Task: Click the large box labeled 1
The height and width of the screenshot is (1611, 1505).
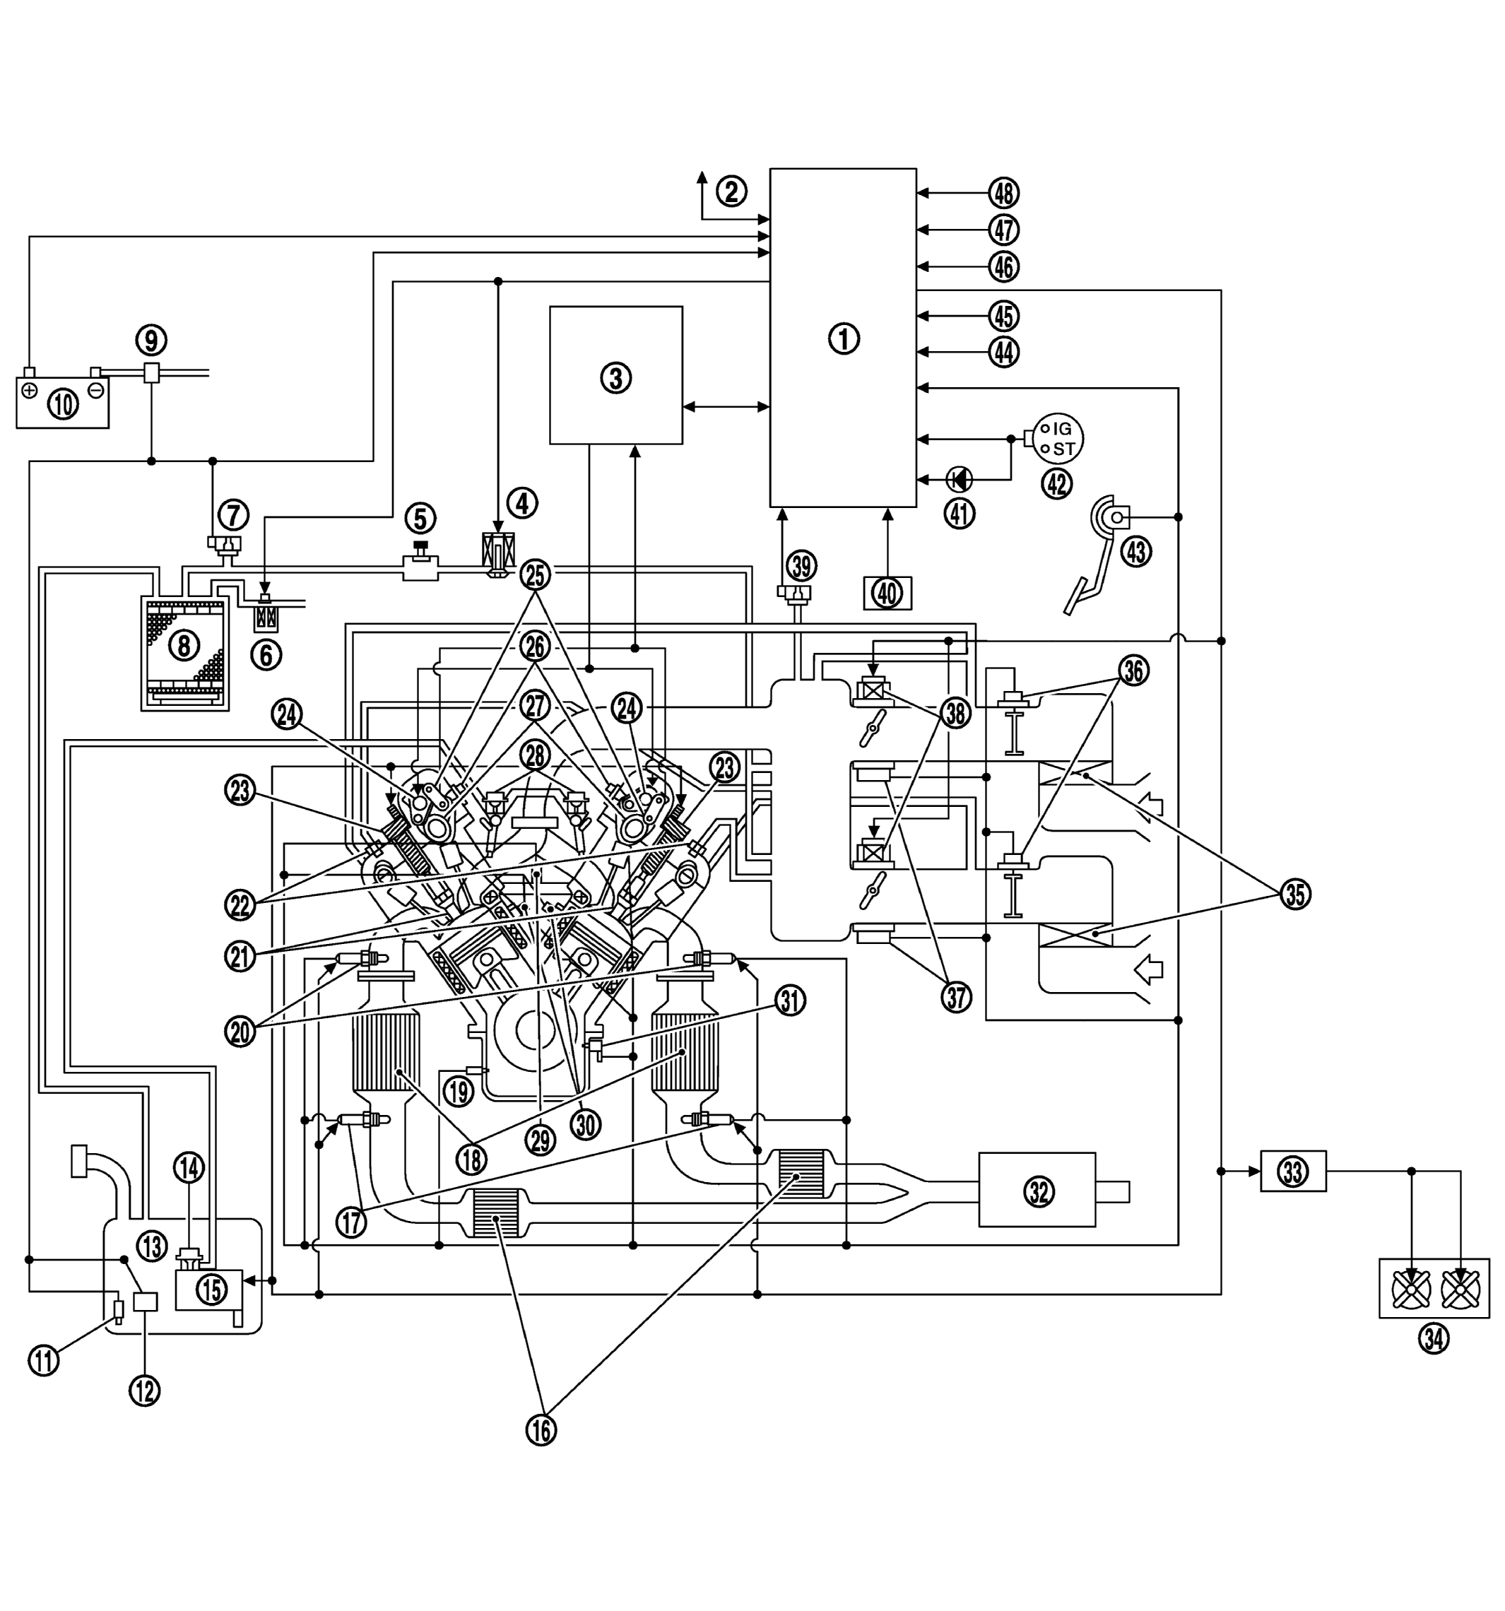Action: tap(842, 337)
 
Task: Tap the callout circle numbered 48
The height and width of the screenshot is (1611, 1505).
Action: tap(1003, 193)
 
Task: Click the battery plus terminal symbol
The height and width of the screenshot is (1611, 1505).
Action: tap(30, 390)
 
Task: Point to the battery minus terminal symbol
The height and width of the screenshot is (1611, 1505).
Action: tap(95, 390)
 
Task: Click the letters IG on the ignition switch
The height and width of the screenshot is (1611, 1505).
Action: tap(1062, 429)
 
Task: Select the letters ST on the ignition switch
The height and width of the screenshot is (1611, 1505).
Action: tap(1063, 448)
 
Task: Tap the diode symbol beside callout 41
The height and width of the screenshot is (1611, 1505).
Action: tap(960, 479)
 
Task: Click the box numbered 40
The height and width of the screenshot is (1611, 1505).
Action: tap(887, 594)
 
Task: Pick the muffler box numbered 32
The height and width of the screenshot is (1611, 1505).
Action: tap(1037, 1191)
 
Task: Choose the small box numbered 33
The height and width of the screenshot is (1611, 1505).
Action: tap(1292, 1171)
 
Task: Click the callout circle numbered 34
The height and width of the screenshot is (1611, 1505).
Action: tap(1433, 1339)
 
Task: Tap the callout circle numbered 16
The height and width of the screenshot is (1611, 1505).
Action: tap(541, 1429)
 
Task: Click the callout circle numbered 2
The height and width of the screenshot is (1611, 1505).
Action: tap(731, 191)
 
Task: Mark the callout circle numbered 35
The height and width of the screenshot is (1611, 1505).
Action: tap(1294, 895)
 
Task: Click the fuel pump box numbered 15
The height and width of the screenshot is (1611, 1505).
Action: tap(210, 1289)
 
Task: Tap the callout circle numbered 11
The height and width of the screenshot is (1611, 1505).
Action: tap(44, 1359)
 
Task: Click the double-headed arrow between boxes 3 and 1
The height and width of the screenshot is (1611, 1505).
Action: tap(726, 407)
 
